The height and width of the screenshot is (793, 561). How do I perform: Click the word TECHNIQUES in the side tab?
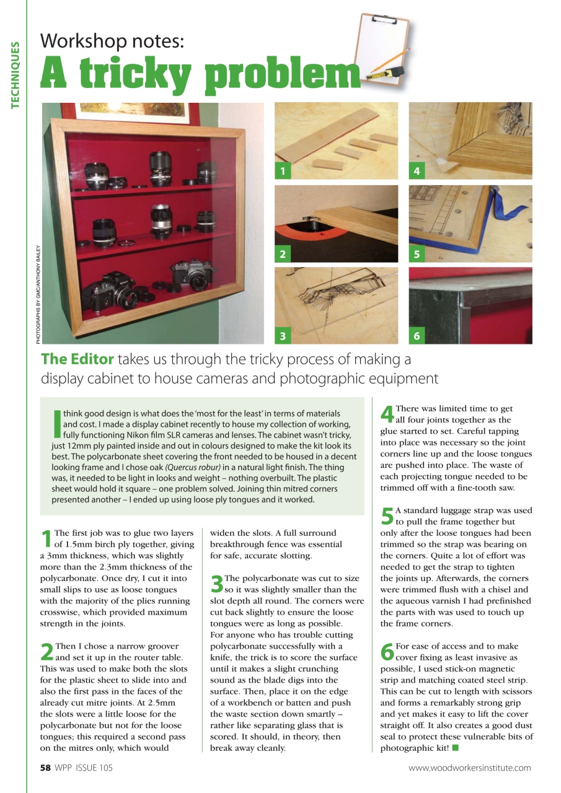tap(14, 74)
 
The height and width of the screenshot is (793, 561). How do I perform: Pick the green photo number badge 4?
tap(416, 172)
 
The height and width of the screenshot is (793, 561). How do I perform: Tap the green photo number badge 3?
tap(282, 336)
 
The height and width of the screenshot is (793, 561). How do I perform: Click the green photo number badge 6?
tap(417, 336)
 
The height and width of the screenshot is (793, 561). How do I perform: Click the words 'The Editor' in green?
tap(77, 359)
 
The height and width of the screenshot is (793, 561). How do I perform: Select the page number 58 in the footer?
tap(45, 768)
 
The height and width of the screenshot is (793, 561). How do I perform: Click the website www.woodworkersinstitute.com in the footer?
tap(469, 768)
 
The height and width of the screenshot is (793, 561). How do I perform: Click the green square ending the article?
tap(455, 747)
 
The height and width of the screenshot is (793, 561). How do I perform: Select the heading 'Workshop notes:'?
tap(112, 42)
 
